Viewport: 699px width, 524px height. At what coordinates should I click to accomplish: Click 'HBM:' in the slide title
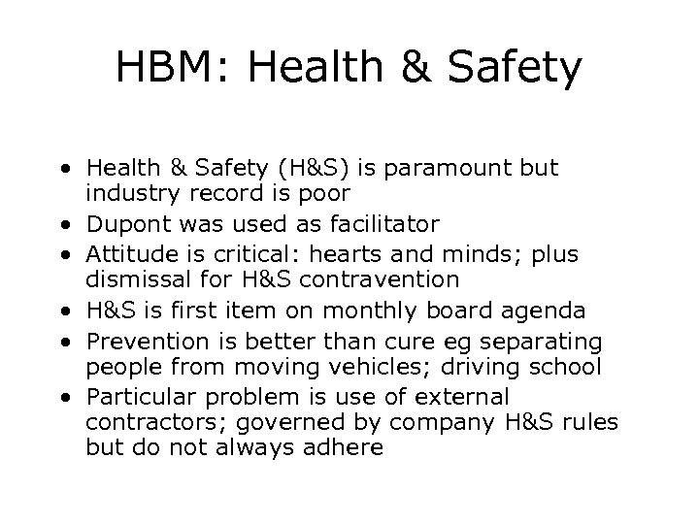[174, 68]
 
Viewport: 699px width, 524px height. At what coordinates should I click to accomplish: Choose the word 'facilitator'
[381, 225]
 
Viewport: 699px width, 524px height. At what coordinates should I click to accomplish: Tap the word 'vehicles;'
[376, 369]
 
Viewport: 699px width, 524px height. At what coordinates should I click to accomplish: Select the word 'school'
[569, 369]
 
